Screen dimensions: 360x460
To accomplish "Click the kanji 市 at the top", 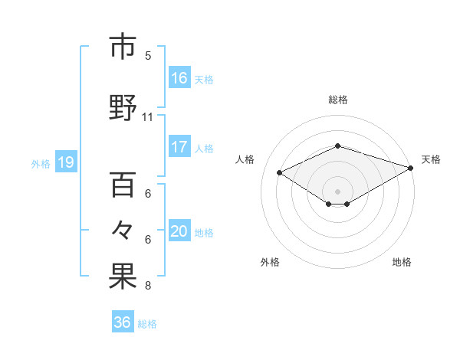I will click(x=123, y=47).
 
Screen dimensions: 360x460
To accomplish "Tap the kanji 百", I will click(x=123, y=184).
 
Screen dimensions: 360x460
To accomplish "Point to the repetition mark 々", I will click(x=123, y=230).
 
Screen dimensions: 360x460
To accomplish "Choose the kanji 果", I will click(x=123, y=277).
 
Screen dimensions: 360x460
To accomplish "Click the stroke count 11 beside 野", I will click(x=148, y=117).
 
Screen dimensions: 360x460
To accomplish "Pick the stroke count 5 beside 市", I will click(x=148, y=55).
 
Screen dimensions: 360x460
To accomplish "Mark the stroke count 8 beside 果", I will click(x=148, y=286).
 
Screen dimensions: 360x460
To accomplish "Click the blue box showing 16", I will click(x=179, y=77).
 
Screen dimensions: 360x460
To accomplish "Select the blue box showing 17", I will click(x=179, y=147).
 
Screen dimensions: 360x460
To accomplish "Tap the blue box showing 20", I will click(x=179, y=231).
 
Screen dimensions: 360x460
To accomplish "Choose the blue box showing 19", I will click(x=65, y=162).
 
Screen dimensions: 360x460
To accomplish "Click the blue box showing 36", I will click(x=123, y=322).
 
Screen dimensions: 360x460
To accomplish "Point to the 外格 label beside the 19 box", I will click(x=41, y=163).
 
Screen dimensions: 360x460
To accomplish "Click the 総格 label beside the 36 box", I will click(x=148, y=324).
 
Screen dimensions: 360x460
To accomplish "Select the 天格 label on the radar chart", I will click(x=431, y=159).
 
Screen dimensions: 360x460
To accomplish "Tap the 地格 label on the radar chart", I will click(x=402, y=262).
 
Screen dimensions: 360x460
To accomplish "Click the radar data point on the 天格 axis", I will click(x=412, y=168).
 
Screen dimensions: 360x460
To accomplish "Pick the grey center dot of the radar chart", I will click(x=337, y=190).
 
